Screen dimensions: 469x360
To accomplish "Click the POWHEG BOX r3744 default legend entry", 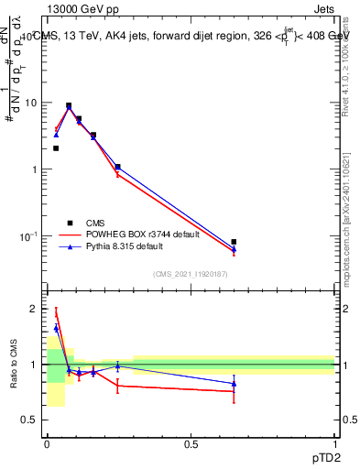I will [x=133, y=234].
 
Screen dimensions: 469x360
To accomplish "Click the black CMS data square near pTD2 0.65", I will [x=234, y=242].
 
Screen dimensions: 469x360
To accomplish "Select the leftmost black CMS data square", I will [x=56, y=147].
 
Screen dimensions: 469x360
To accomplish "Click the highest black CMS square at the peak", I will [x=69, y=105].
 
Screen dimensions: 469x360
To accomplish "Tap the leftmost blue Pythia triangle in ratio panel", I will [x=56, y=328].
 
